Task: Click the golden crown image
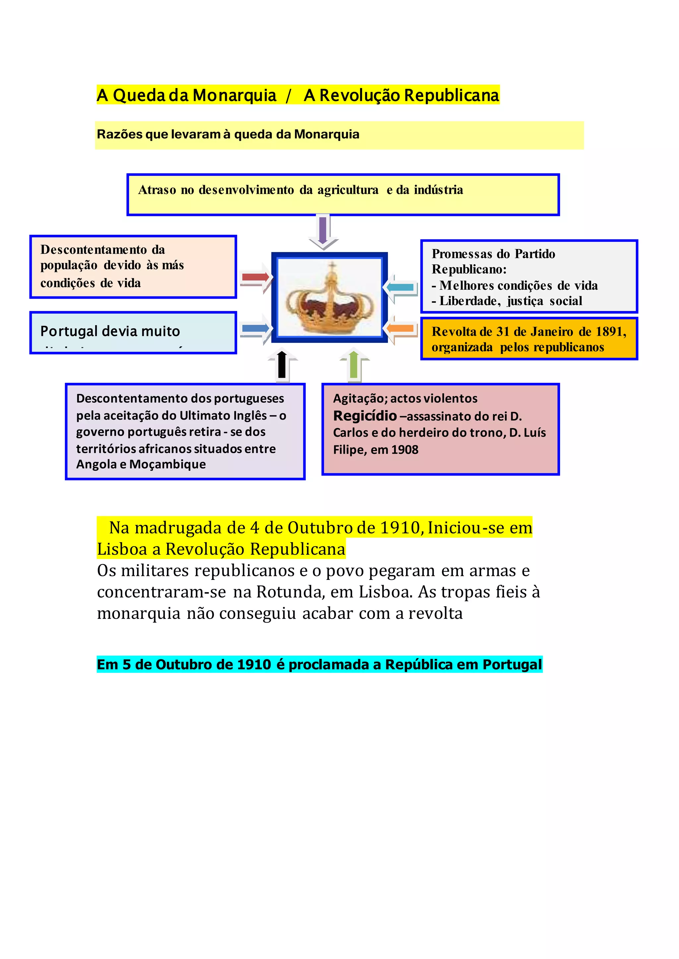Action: tap(330, 297)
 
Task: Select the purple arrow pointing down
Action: tap(323, 231)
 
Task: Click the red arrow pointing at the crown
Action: tap(256, 277)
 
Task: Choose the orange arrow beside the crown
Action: tap(400, 328)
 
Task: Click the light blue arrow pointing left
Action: tap(400, 287)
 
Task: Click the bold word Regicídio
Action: tap(365, 416)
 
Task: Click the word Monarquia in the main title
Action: tap(234, 95)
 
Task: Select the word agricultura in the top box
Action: tap(347, 190)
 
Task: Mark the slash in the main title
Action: tap(288, 96)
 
